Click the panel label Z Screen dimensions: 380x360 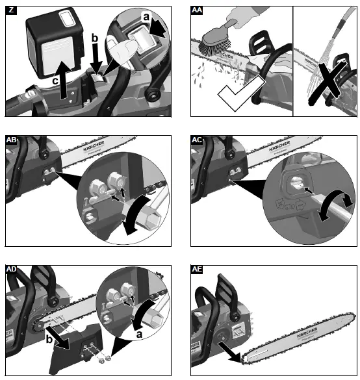(10, 11)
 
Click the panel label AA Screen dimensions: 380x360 (198, 11)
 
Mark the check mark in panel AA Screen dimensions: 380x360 (233, 99)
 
